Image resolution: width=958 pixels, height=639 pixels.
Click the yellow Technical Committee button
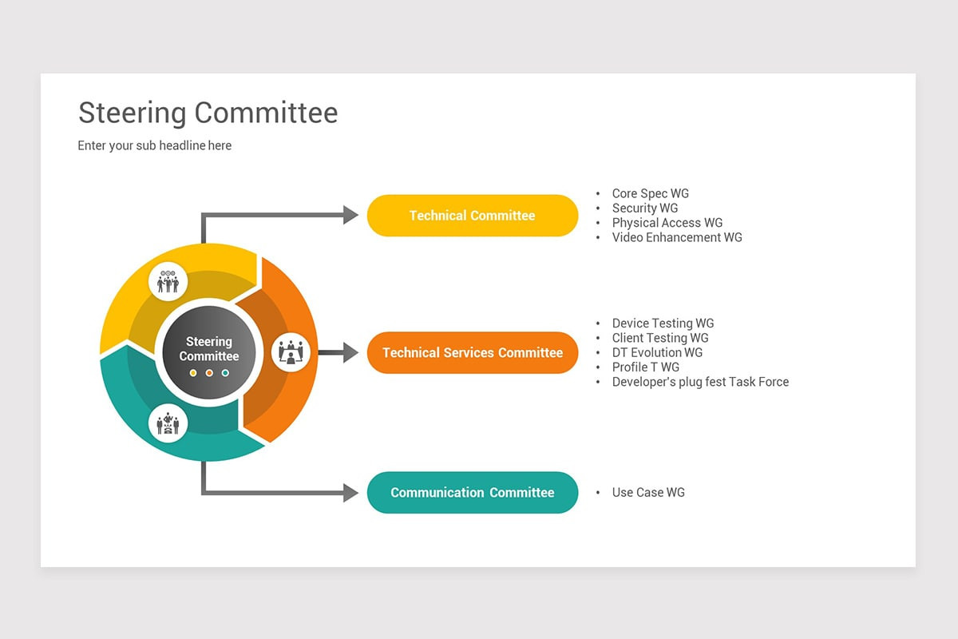tap(472, 216)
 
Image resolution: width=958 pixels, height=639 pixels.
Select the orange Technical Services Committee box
tap(472, 353)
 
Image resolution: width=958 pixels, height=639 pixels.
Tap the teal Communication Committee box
tap(472, 493)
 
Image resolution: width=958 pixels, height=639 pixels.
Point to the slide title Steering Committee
tap(208, 113)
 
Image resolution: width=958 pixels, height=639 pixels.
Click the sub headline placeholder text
tap(155, 145)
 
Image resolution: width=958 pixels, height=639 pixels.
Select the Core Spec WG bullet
tap(650, 193)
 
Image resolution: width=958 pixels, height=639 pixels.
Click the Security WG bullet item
tap(644, 208)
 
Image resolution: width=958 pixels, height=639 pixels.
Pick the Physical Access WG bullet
tap(667, 223)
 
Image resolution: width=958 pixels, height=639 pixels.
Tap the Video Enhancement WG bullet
tap(676, 237)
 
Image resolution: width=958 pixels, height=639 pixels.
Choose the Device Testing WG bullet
tap(663, 323)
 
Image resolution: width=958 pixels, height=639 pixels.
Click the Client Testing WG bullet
tap(659, 338)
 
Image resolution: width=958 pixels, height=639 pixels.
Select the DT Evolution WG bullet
tap(657, 352)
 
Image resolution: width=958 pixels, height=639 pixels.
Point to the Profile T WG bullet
tap(645, 367)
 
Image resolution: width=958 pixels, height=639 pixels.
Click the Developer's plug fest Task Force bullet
tap(699, 382)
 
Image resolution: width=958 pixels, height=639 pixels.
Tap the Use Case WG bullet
tap(647, 493)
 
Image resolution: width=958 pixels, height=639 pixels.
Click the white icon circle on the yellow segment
tap(168, 281)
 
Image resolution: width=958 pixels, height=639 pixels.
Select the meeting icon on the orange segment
tap(291, 352)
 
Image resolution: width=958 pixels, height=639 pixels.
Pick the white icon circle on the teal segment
tap(168, 423)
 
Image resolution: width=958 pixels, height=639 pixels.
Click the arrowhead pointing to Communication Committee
tap(350, 493)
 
